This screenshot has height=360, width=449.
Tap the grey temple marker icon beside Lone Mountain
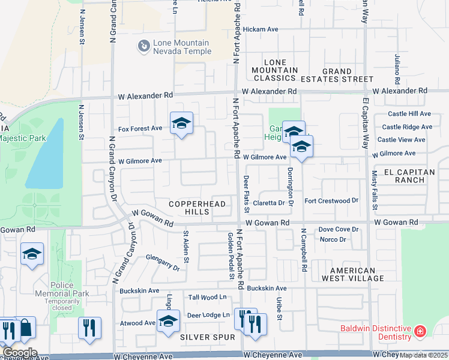pyautogui.click(x=143, y=45)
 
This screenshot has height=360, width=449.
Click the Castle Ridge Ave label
pyautogui.click(x=410, y=127)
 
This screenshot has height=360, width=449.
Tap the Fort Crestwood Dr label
pyautogui.click(x=331, y=200)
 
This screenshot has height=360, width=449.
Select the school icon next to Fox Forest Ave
pyautogui.click(x=181, y=124)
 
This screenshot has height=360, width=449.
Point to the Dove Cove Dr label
pyautogui.click(x=338, y=229)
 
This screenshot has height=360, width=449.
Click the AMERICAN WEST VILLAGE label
pyautogui.click(x=344, y=274)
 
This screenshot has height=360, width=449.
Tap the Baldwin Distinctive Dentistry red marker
pyautogui.click(x=420, y=331)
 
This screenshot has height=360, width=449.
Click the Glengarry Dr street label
pyautogui.click(x=163, y=263)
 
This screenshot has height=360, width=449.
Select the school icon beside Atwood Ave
pyautogui.click(x=168, y=322)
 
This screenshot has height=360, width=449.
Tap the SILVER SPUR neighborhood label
pyautogui.click(x=208, y=337)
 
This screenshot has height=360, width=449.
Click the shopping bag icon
pyautogui.click(x=26, y=328)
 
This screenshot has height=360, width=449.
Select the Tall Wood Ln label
pyautogui.click(x=207, y=297)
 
